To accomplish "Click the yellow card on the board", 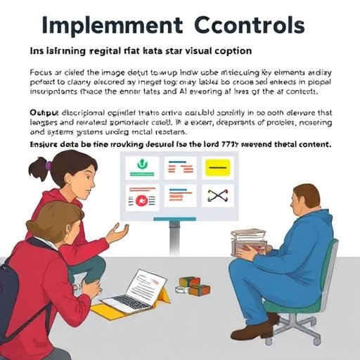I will pos(217,167).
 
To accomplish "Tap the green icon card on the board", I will pos(141,167).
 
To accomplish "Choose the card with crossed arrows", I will pos(217,195).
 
